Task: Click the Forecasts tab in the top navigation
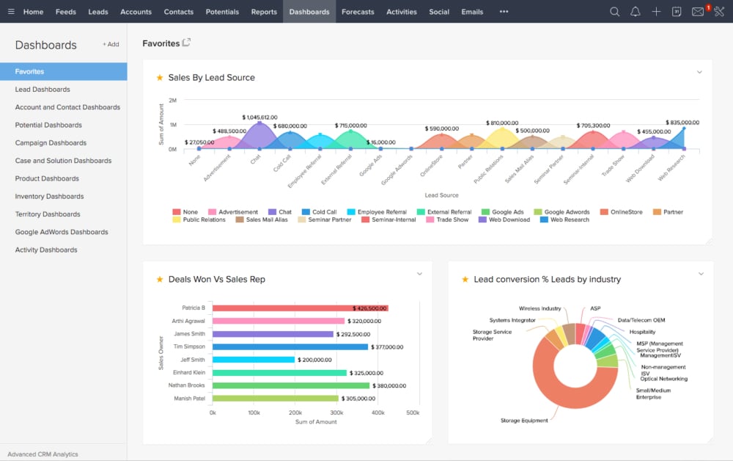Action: tap(358, 12)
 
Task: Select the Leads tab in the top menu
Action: tap(98, 12)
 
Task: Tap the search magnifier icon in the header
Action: tap(614, 12)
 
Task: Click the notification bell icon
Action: tap(635, 12)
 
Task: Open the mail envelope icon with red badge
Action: tap(698, 12)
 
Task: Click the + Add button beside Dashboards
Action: tap(111, 44)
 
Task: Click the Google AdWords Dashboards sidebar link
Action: tap(62, 232)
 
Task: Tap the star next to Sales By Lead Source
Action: tap(159, 78)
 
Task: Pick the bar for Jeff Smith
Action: tap(254, 360)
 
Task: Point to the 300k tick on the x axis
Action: tap(337, 413)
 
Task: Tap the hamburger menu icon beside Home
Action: tap(10, 12)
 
